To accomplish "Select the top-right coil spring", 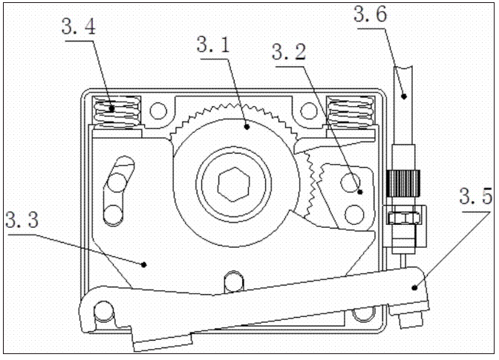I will pyautogui.click(x=350, y=113).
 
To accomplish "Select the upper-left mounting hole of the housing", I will pyautogui.click(x=157, y=112).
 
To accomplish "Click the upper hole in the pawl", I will pyautogui.click(x=350, y=180).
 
